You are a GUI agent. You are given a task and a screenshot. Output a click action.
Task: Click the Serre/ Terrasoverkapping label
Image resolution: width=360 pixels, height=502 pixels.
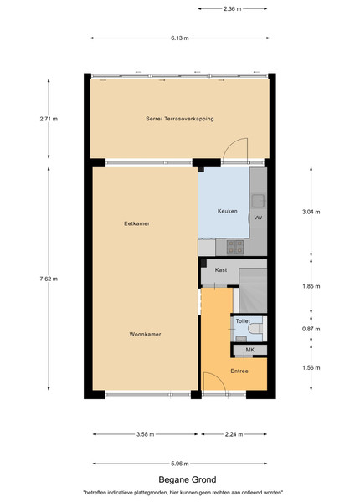tap(180, 119)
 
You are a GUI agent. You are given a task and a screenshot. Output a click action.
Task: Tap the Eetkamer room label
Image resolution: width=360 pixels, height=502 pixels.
tap(136, 223)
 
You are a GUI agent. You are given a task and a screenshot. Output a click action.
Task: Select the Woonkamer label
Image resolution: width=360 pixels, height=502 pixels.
tap(145, 334)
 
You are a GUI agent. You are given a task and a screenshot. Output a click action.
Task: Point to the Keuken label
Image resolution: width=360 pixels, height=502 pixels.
tap(228, 211)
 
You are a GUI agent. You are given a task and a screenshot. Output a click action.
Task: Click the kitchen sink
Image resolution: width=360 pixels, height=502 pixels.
tap(258, 201)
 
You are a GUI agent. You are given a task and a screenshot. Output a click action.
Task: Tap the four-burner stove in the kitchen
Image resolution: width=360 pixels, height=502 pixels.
tap(235, 247)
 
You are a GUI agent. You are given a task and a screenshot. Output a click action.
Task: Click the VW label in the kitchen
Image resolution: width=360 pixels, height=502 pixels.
tap(258, 218)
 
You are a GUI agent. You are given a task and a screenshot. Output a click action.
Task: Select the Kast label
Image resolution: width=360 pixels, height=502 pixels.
tap(221, 270)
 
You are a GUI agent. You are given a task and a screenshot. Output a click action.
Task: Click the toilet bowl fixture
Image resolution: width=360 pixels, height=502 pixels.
tap(255, 328)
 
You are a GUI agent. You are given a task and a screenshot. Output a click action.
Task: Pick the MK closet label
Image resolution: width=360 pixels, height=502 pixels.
tap(249, 350)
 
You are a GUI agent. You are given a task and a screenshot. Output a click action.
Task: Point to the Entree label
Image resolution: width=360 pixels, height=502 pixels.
tap(239, 371)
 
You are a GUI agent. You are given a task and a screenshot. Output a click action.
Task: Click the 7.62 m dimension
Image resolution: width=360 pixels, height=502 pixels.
tap(49, 279)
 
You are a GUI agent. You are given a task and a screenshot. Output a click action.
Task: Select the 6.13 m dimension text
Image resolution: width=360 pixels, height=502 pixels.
tap(180, 38)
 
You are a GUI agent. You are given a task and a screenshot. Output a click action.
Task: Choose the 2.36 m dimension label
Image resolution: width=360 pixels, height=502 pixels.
tap(233, 9)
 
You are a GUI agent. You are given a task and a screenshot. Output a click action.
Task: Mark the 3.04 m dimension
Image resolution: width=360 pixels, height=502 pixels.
tap(311, 212)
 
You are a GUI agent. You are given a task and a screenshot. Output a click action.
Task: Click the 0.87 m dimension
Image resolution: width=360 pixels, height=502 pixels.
tap(311, 329)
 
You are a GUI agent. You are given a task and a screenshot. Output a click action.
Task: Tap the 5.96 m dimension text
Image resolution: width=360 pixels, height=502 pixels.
tap(180, 464)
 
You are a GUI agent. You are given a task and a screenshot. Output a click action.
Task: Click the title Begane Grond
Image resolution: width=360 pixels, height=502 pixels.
tap(188, 479)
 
